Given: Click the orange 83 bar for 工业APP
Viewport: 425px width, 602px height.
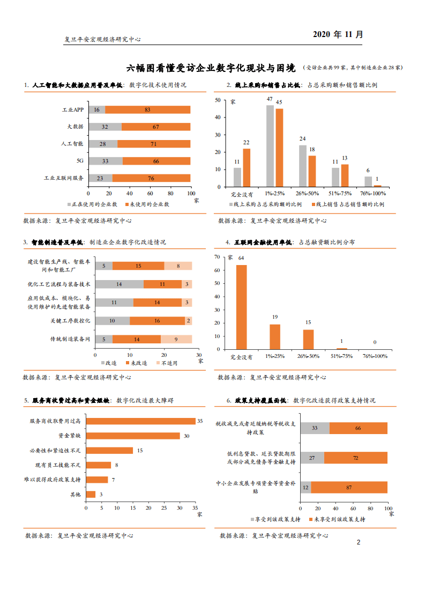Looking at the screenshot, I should [x=148, y=109].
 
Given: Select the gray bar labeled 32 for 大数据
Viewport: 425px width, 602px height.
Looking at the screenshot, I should [x=105, y=127].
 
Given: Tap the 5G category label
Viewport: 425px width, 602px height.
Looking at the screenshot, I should [x=79, y=160].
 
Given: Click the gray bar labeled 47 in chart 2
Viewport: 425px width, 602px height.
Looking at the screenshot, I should [x=270, y=145].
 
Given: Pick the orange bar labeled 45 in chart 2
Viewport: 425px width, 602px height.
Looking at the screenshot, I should [x=279, y=148].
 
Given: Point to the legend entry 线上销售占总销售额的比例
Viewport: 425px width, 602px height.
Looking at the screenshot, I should [x=346, y=204].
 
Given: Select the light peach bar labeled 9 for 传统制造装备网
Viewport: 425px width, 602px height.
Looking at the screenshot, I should [x=176, y=339].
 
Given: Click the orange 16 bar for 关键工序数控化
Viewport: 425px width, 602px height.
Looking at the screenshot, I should [x=158, y=321].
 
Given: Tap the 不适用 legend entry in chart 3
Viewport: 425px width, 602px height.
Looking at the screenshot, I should [x=169, y=363].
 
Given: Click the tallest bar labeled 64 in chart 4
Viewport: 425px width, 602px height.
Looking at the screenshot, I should [x=241, y=307].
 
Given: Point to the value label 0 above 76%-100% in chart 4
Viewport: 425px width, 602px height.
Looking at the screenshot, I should [x=375, y=342].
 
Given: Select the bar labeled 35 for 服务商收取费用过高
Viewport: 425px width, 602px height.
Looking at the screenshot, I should [x=140, y=421].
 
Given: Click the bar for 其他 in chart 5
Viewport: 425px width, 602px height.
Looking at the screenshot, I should [x=91, y=494].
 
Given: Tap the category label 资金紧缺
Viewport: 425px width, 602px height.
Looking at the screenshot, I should [x=70, y=436].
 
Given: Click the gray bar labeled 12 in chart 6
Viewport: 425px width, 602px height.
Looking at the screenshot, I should [x=305, y=487].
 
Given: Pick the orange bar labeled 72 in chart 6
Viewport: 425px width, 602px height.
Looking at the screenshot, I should [x=356, y=458].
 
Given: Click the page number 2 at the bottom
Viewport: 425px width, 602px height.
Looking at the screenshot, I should [x=359, y=542].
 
